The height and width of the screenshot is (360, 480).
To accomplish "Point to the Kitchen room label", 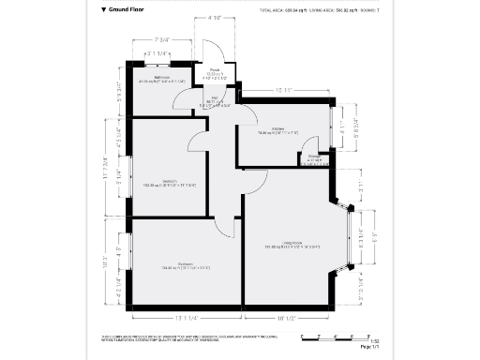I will point(277,130).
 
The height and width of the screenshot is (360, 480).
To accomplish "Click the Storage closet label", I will point(316,158).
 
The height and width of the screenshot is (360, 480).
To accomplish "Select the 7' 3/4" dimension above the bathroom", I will point(165,39).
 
